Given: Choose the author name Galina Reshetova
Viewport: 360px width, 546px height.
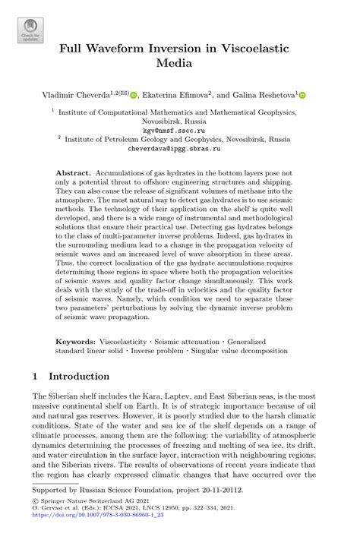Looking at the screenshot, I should click(x=260, y=96).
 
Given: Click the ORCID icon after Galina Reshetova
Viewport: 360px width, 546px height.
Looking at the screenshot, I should click(x=302, y=96).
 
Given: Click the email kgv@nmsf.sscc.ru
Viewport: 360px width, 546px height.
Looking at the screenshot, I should click(x=179, y=130).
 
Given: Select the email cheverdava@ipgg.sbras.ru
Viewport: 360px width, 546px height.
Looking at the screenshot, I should click(x=179, y=150).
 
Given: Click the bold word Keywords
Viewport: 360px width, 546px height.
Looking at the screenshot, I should click(x=76, y=342).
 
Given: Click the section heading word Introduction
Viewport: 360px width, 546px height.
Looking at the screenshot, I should click(x=79, y=376).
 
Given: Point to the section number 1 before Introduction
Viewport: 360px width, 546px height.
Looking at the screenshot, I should click(x=35, y=376).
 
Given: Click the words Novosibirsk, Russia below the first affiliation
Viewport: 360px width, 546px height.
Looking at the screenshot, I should click(x=179, y=121).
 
